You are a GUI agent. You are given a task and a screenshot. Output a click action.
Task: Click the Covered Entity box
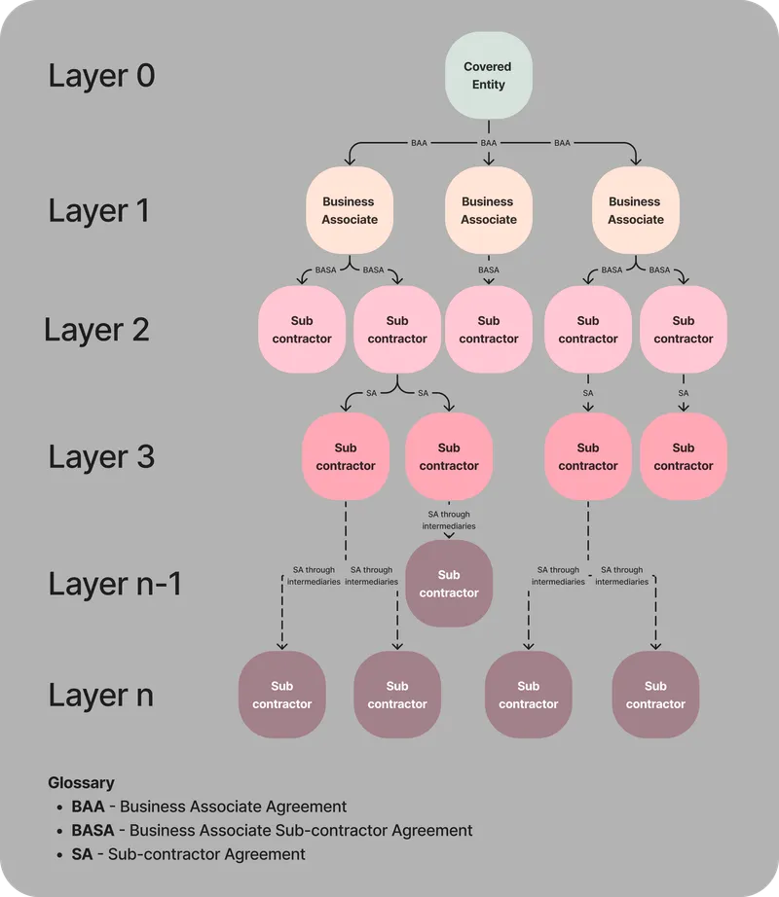(488, 76)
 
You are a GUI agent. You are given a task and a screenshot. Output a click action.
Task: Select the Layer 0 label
(101, 76)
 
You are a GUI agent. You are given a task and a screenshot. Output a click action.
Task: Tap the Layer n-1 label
(115, 584)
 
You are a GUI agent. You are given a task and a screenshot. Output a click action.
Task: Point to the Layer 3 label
(101, 456)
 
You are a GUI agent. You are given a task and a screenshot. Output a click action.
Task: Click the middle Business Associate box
(488, 210)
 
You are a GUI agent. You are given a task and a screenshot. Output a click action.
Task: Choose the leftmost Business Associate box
(349, 210)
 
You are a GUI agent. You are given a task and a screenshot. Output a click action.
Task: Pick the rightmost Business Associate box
(635, 210)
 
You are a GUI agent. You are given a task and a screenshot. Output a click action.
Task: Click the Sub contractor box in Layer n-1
(449, 584)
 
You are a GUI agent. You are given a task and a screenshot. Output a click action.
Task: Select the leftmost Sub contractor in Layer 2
(301, 329)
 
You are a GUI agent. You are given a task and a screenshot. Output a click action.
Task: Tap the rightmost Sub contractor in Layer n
(655, 695)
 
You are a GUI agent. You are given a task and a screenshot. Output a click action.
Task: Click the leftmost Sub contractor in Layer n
(282, 695)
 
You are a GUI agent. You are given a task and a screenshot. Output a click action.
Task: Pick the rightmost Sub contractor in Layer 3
(683, 456)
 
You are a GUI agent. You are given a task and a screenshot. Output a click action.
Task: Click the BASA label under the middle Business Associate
(488, 269)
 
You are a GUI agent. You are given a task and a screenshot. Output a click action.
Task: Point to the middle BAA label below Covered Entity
(488, 143)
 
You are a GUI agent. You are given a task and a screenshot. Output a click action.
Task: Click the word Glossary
(81, 782)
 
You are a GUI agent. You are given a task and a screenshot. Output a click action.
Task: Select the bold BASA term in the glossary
(93, 830)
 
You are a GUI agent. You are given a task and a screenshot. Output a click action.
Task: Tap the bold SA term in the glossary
(82, 854)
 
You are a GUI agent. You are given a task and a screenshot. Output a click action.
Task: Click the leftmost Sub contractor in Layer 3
(345, 456)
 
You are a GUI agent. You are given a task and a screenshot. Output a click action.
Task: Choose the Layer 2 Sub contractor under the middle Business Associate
(488, 329)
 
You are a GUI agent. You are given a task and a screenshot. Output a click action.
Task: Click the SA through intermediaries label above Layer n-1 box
(449, 520)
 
